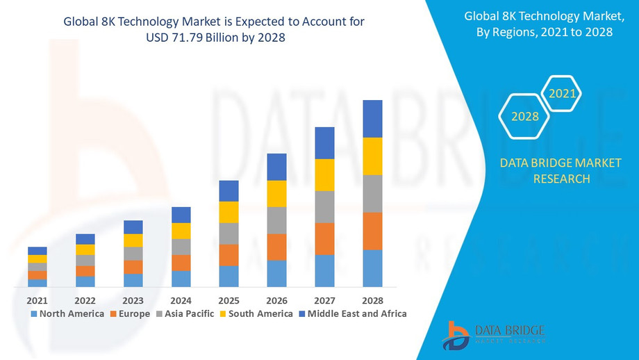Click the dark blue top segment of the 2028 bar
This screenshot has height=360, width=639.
[x=373, y=119]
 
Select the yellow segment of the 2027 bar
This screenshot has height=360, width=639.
[x=324, y=175]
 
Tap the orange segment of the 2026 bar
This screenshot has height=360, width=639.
[x=276, y=247]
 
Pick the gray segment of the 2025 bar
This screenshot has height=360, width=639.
[x=229, y=234]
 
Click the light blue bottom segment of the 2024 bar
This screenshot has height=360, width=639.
[x=181, y=279]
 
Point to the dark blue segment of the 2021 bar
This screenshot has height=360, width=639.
[x=38, y=251]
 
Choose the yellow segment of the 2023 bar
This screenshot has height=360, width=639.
[x=133, y=240]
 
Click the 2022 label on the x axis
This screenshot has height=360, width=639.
[x=85, y=300]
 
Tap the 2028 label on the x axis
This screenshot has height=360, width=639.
[x=372, y=300]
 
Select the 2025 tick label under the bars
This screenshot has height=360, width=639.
[x=229, y=300]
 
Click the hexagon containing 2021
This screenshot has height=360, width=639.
[x=561, y=93]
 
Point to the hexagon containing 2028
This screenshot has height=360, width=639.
[x=525, y=116]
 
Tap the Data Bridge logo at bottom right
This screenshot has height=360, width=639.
[x=494, y=335]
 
